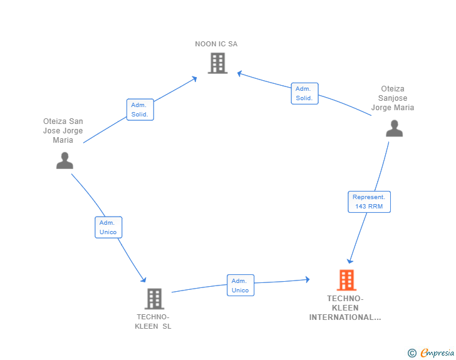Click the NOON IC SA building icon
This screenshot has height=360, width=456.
217,63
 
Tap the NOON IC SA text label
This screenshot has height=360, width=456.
216,44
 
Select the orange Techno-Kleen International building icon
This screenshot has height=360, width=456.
346,280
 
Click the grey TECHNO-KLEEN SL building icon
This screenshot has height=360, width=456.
154,299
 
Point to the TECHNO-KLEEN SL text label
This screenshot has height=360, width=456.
153,322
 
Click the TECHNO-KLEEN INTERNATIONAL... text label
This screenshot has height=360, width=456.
345,308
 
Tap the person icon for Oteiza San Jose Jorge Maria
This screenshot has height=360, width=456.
65,160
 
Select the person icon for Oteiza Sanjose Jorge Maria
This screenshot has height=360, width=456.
395,128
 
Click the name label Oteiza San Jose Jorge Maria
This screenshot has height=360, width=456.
63,131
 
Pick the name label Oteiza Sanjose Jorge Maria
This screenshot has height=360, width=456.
393,98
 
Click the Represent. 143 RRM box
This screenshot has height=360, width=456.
370,202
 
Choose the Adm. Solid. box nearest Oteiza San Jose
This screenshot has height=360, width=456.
140,110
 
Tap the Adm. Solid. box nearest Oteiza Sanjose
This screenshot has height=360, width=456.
305,93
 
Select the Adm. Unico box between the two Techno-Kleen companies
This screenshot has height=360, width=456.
241,285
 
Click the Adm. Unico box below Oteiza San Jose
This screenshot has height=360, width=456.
108,227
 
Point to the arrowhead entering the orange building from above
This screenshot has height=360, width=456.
350,261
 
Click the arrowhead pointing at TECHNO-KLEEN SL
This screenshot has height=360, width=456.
143,279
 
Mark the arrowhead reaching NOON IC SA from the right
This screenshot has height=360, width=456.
240,74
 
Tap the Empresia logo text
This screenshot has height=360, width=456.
437,352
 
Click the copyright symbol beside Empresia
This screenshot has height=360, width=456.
412,353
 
